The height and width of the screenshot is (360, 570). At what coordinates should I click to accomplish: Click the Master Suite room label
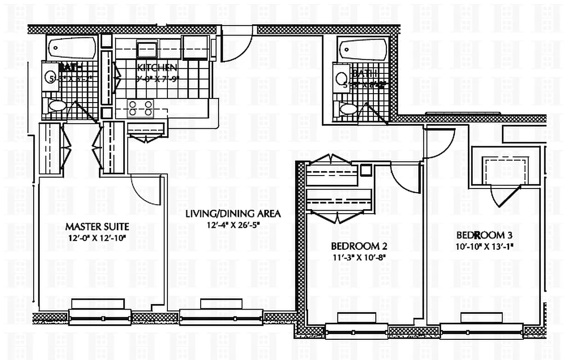click(x=97, y=226)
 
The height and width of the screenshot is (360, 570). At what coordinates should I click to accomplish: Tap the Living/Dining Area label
click(x=233, y=214)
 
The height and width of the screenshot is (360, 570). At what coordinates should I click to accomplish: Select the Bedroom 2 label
click(x=359, y=247)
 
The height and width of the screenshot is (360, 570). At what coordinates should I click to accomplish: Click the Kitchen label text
click(x=157, y=68)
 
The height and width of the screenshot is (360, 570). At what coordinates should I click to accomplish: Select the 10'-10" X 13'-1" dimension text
click(x=485, y=246)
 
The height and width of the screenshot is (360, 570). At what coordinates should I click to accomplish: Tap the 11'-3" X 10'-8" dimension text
click(x=359, y=257)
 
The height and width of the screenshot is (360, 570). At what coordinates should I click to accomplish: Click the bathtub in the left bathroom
click(x=72, y=47)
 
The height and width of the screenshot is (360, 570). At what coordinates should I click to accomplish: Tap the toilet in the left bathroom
click(x=56, y=106)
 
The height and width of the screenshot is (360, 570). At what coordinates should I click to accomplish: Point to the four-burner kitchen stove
click(x=140, y=108)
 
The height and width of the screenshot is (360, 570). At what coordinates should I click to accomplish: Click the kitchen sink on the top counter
click(x=147, y=49)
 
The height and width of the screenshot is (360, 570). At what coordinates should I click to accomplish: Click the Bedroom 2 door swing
click(x=406, y=178)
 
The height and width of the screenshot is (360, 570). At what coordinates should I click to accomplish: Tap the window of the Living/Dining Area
click(x=221, y=318)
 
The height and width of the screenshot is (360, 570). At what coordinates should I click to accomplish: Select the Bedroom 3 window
click(x=481, y=331)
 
